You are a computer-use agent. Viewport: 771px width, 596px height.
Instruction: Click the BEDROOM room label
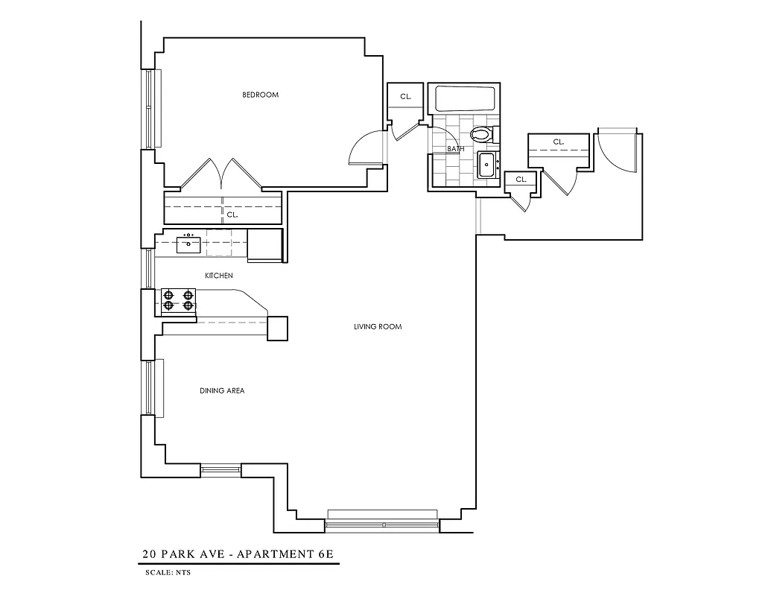(x=260, y=95)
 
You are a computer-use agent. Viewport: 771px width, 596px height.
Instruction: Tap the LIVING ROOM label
(x=378, y=326)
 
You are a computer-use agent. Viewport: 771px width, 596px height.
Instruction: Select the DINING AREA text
(x=222, y=390)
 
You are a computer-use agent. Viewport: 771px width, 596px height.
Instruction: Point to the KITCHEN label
(x=219, y=276)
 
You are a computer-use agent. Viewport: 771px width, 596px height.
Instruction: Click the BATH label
(x=455, y=149)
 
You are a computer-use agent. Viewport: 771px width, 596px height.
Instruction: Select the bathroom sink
(x=487, y=165)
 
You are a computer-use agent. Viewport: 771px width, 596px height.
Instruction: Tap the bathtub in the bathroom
(x=465, y=100)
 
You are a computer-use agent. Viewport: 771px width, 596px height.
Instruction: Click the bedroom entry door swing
(x=367, y=148)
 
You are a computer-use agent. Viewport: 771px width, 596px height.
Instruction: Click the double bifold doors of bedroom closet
(x=222, y=174)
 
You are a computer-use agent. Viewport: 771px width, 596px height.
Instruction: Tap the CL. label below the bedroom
(x=232, y=215)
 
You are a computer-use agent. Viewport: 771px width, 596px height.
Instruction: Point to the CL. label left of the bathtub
(x=405, y=97)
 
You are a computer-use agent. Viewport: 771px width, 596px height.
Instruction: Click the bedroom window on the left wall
(x=153, y=109)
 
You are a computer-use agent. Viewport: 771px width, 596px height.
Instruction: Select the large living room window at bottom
(x=382, y=521)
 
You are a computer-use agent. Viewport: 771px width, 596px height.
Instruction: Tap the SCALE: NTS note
(x=168, y=573)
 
